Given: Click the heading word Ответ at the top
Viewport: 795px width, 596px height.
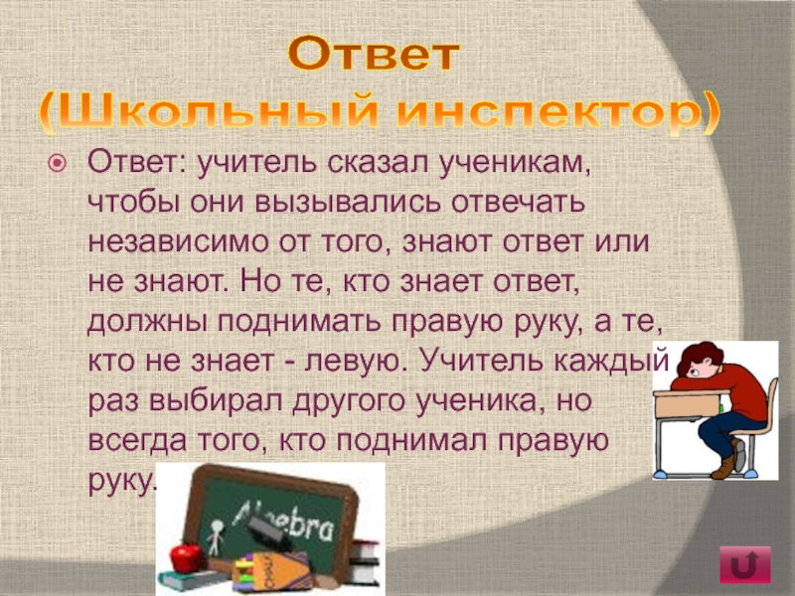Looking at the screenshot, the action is click(x=374, y=54).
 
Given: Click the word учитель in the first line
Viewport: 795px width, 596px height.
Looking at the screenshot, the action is click(x=258, y=162).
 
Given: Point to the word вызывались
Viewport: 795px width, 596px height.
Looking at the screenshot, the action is click(x=349, y=203).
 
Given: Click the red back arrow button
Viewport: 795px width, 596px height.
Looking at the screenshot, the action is click(x=744, y=564).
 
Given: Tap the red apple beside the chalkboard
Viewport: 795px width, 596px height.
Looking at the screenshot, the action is click(x=187, y=557).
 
